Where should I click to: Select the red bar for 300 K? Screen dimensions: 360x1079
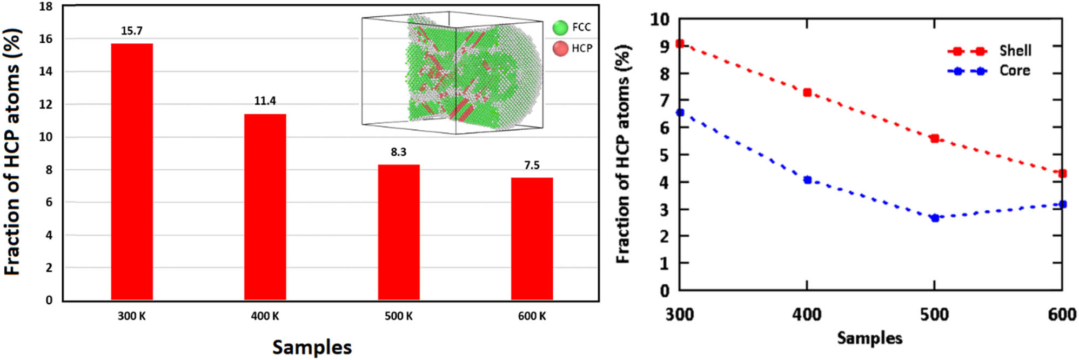pos(132,171)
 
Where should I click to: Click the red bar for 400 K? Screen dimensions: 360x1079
pos(265,206)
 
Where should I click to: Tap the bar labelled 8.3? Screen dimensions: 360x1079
pos(399,232)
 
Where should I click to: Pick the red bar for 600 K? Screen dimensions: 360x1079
pos(532,238)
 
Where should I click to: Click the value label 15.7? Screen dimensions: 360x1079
pos(132,31)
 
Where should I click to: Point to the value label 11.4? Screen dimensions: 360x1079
pos(265,101)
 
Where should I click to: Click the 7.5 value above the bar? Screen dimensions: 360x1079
pos(532,165)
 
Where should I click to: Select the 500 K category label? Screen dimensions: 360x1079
pos(399,316)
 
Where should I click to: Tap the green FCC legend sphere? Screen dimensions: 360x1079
pos(560,27)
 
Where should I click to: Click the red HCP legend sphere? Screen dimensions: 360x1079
pos(560,49)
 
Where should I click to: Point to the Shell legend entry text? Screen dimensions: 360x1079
pos(1015,51)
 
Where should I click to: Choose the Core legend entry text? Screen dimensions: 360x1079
pos(1014,71)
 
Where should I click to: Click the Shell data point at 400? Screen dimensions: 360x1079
pos(807,92)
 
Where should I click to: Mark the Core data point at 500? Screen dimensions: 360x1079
pos(935,218)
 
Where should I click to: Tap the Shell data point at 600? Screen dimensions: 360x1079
pos(1062,174)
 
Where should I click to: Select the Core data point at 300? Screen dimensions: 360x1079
pos(680,112)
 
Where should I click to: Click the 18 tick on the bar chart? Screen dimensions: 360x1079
pos(46,7)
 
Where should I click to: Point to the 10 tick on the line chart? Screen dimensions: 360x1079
pos(659,19)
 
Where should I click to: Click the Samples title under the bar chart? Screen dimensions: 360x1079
pos(312,347)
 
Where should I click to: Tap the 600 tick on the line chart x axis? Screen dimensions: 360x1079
pos(1062,315)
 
